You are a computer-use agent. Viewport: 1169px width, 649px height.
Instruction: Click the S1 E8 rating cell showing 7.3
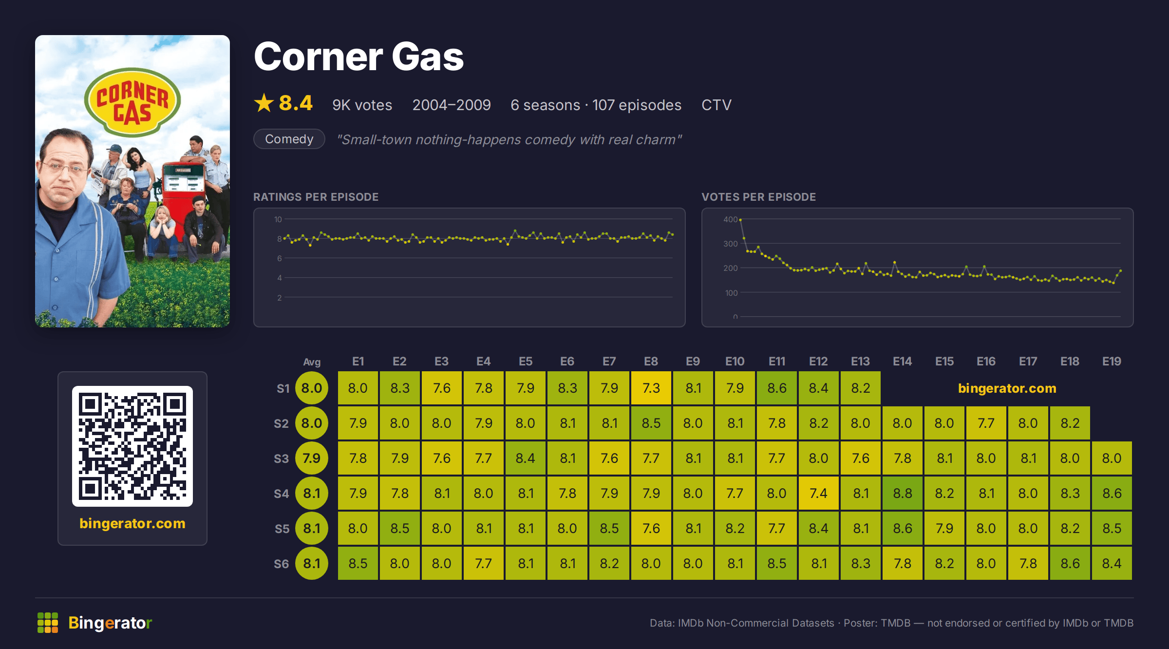(x=651, y=388)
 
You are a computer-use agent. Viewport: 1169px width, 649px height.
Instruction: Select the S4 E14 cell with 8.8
(x=903, y=493)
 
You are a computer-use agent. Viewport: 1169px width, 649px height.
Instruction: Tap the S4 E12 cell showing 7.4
(x=819, y=493)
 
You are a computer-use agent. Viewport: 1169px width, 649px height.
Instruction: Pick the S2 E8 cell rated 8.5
(x=651, y=423)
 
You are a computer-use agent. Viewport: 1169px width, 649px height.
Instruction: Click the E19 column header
(x=1112, y=362)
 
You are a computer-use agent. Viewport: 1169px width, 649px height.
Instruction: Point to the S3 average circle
(x=312, y=458)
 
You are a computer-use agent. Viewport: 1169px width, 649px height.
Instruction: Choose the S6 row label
(x=282, y=564)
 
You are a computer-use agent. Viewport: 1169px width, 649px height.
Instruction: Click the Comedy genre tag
(x=289, y=139)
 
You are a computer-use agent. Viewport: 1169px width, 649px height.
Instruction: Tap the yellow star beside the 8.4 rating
(x=264, y=103)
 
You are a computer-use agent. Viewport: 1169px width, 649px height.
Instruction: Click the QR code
(x=132, y=446)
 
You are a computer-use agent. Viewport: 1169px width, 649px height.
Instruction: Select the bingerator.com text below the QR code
(x=132, y=523)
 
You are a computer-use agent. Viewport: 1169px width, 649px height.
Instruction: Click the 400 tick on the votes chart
(x=730, y=219)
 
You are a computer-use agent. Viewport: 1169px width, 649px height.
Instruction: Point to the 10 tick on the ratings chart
(x=278, y=219)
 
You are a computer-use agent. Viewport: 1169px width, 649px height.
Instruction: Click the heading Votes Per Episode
(x=758, y=197)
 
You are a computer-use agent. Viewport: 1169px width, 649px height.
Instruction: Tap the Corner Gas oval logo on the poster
(x=132, y=102)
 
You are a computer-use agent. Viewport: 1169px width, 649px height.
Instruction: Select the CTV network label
(x=716, y=105)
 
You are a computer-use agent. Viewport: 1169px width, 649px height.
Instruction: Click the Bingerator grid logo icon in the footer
(x=48, y=623)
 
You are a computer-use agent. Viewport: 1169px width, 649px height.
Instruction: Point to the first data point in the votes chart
(x=740, y=220)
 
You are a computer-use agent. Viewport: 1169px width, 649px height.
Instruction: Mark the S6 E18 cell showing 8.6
(x=1070, y=563)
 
